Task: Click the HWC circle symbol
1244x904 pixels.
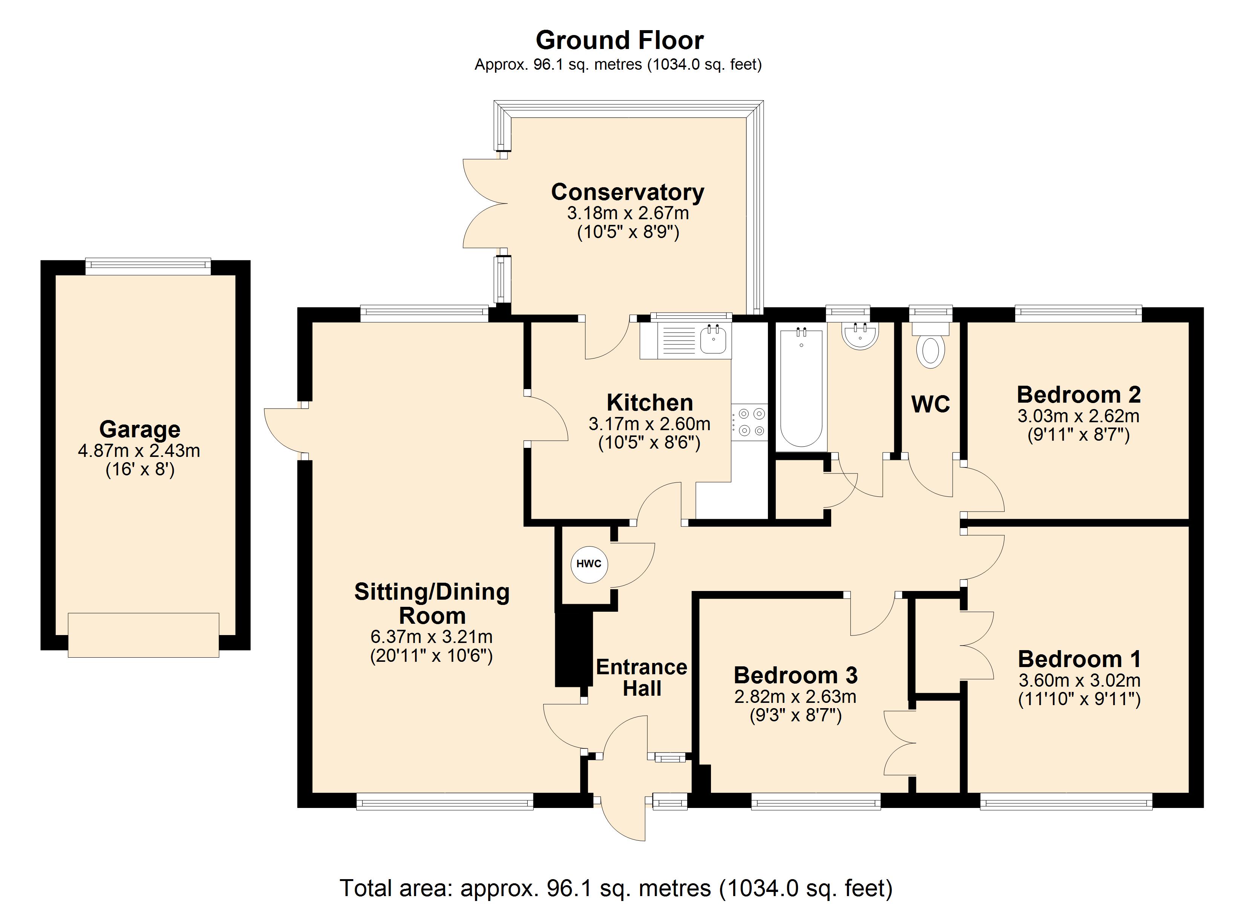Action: pyautogui.click(x=589, y=564)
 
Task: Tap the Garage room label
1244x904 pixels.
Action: pyautogui.click(x=140, y=429)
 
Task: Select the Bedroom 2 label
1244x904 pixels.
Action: pyautogui.click(x=1079, y=395)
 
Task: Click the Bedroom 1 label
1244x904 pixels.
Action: pyautogui.click(x=1079, y=659)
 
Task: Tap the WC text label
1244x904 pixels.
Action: pyautogui.click(x=931, y=405)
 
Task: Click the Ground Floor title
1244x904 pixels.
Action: pyautogui.click(x=620, y=41)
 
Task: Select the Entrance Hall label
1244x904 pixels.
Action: pyautogui.click(x=642, y=678)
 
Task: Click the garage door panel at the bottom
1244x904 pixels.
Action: pyautogui.click(x=144, y=635)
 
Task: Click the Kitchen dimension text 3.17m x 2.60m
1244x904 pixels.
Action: pyautogui.click(x=650, y=424)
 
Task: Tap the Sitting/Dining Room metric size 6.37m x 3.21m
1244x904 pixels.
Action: pyautogui.click(x=432, y=637)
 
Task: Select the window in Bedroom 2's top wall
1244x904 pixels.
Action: pyautogui.click(x=1079, y=314)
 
